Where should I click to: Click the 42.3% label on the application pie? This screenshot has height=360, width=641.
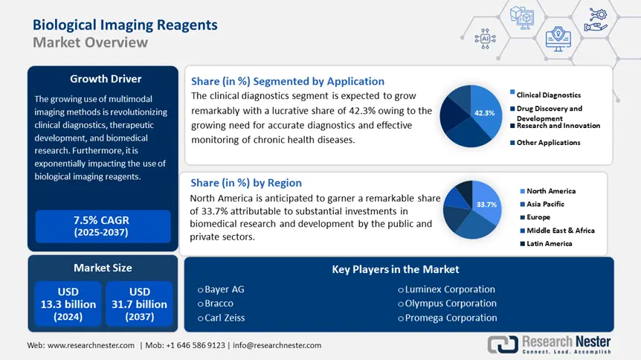click(484, 113)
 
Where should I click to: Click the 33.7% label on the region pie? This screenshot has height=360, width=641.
click(486, 205)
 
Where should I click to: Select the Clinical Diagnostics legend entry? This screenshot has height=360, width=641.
click(549, 95)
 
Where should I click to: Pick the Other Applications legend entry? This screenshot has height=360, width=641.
click(548, 142)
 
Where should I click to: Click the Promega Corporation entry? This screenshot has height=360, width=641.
click(451, 318)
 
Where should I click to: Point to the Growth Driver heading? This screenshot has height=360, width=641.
click(105, 79)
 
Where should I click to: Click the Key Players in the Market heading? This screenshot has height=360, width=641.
click(395, 269)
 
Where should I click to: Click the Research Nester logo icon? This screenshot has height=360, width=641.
click(502, 344)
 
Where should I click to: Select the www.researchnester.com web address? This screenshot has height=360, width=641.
click(91, 345)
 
